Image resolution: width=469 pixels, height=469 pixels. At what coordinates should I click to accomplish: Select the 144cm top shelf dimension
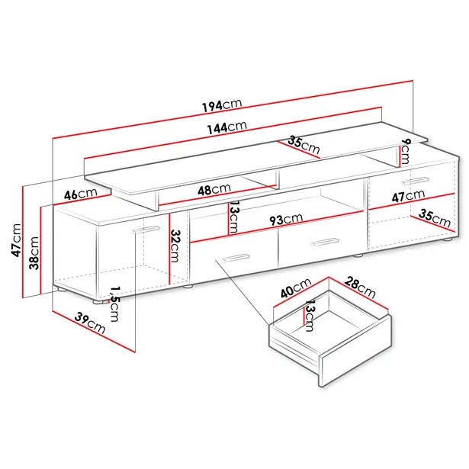227,127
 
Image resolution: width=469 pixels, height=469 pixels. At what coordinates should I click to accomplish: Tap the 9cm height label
405,152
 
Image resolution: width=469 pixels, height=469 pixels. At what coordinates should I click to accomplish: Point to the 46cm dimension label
81,194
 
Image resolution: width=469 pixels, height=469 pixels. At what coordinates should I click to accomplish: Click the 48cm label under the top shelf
214,189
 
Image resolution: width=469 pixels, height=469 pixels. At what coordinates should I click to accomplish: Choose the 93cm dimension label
286,219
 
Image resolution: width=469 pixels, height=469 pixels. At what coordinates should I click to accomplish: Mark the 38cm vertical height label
34,252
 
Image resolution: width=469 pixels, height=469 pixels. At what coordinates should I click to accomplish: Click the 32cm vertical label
175,246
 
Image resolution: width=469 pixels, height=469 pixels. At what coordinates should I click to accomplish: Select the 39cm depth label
90,323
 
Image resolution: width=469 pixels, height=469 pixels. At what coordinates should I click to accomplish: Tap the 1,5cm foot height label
114,304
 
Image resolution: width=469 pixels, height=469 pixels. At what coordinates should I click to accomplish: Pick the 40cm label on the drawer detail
296,288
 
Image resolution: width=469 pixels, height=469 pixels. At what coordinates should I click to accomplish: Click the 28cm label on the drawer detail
360,288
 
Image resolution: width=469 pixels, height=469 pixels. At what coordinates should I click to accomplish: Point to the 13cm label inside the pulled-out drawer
309,316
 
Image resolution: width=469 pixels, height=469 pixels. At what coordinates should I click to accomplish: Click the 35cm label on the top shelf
304,144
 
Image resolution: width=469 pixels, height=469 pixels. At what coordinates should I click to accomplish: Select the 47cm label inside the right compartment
408,196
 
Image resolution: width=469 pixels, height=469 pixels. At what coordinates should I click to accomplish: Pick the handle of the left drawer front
235,258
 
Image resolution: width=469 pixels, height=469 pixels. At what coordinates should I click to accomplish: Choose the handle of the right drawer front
324,242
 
